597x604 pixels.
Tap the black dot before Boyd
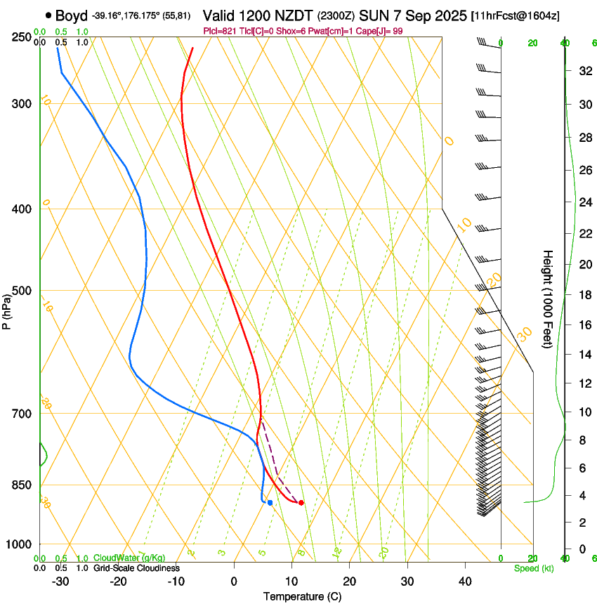[48, 14]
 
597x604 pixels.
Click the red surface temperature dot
[301, 502]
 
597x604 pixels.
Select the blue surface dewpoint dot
[270, 502]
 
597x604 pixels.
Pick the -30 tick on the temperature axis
[60, 581]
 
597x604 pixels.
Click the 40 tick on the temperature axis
[464, 581]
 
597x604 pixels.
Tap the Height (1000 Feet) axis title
[548, 298]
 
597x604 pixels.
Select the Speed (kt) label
[533, 568]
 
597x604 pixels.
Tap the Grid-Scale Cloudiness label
[136, 568]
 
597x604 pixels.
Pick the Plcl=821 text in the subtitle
[219, 31]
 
